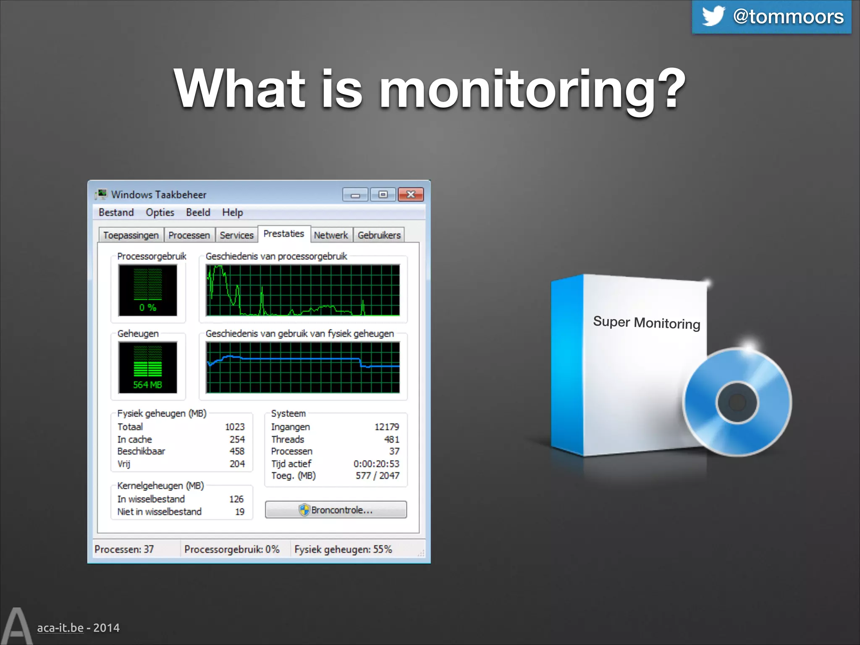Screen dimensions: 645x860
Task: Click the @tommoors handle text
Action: tap(788, 17)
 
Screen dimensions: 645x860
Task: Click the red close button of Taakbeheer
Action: tap(410, 194)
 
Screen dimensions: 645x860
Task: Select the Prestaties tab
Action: tap(283, 234)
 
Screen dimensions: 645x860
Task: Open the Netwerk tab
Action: tap(330, 235)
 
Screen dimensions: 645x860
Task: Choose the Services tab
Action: tap(236, 235)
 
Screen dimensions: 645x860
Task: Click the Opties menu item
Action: tap(160, 212)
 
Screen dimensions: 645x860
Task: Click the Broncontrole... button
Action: tap(336, 510)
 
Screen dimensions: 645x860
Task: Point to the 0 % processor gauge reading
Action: tap(147, 307)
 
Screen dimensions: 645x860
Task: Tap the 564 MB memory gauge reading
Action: tap(147, 385)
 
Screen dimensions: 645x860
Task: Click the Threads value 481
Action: tap(391, 439)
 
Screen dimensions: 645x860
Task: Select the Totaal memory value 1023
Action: tap(234, 427)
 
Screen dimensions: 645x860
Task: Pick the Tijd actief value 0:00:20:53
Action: tap(376, 464)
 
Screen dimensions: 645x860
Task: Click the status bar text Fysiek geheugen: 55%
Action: tap(343, 549)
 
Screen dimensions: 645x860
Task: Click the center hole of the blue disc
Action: tap(737, 402)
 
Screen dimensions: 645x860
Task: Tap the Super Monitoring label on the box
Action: tap(646, 322)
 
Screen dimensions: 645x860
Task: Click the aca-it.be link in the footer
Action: tap(60, 628)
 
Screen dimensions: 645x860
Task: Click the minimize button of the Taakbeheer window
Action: tap(355, 195)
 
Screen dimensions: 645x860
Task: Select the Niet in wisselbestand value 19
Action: tap(239, 511)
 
